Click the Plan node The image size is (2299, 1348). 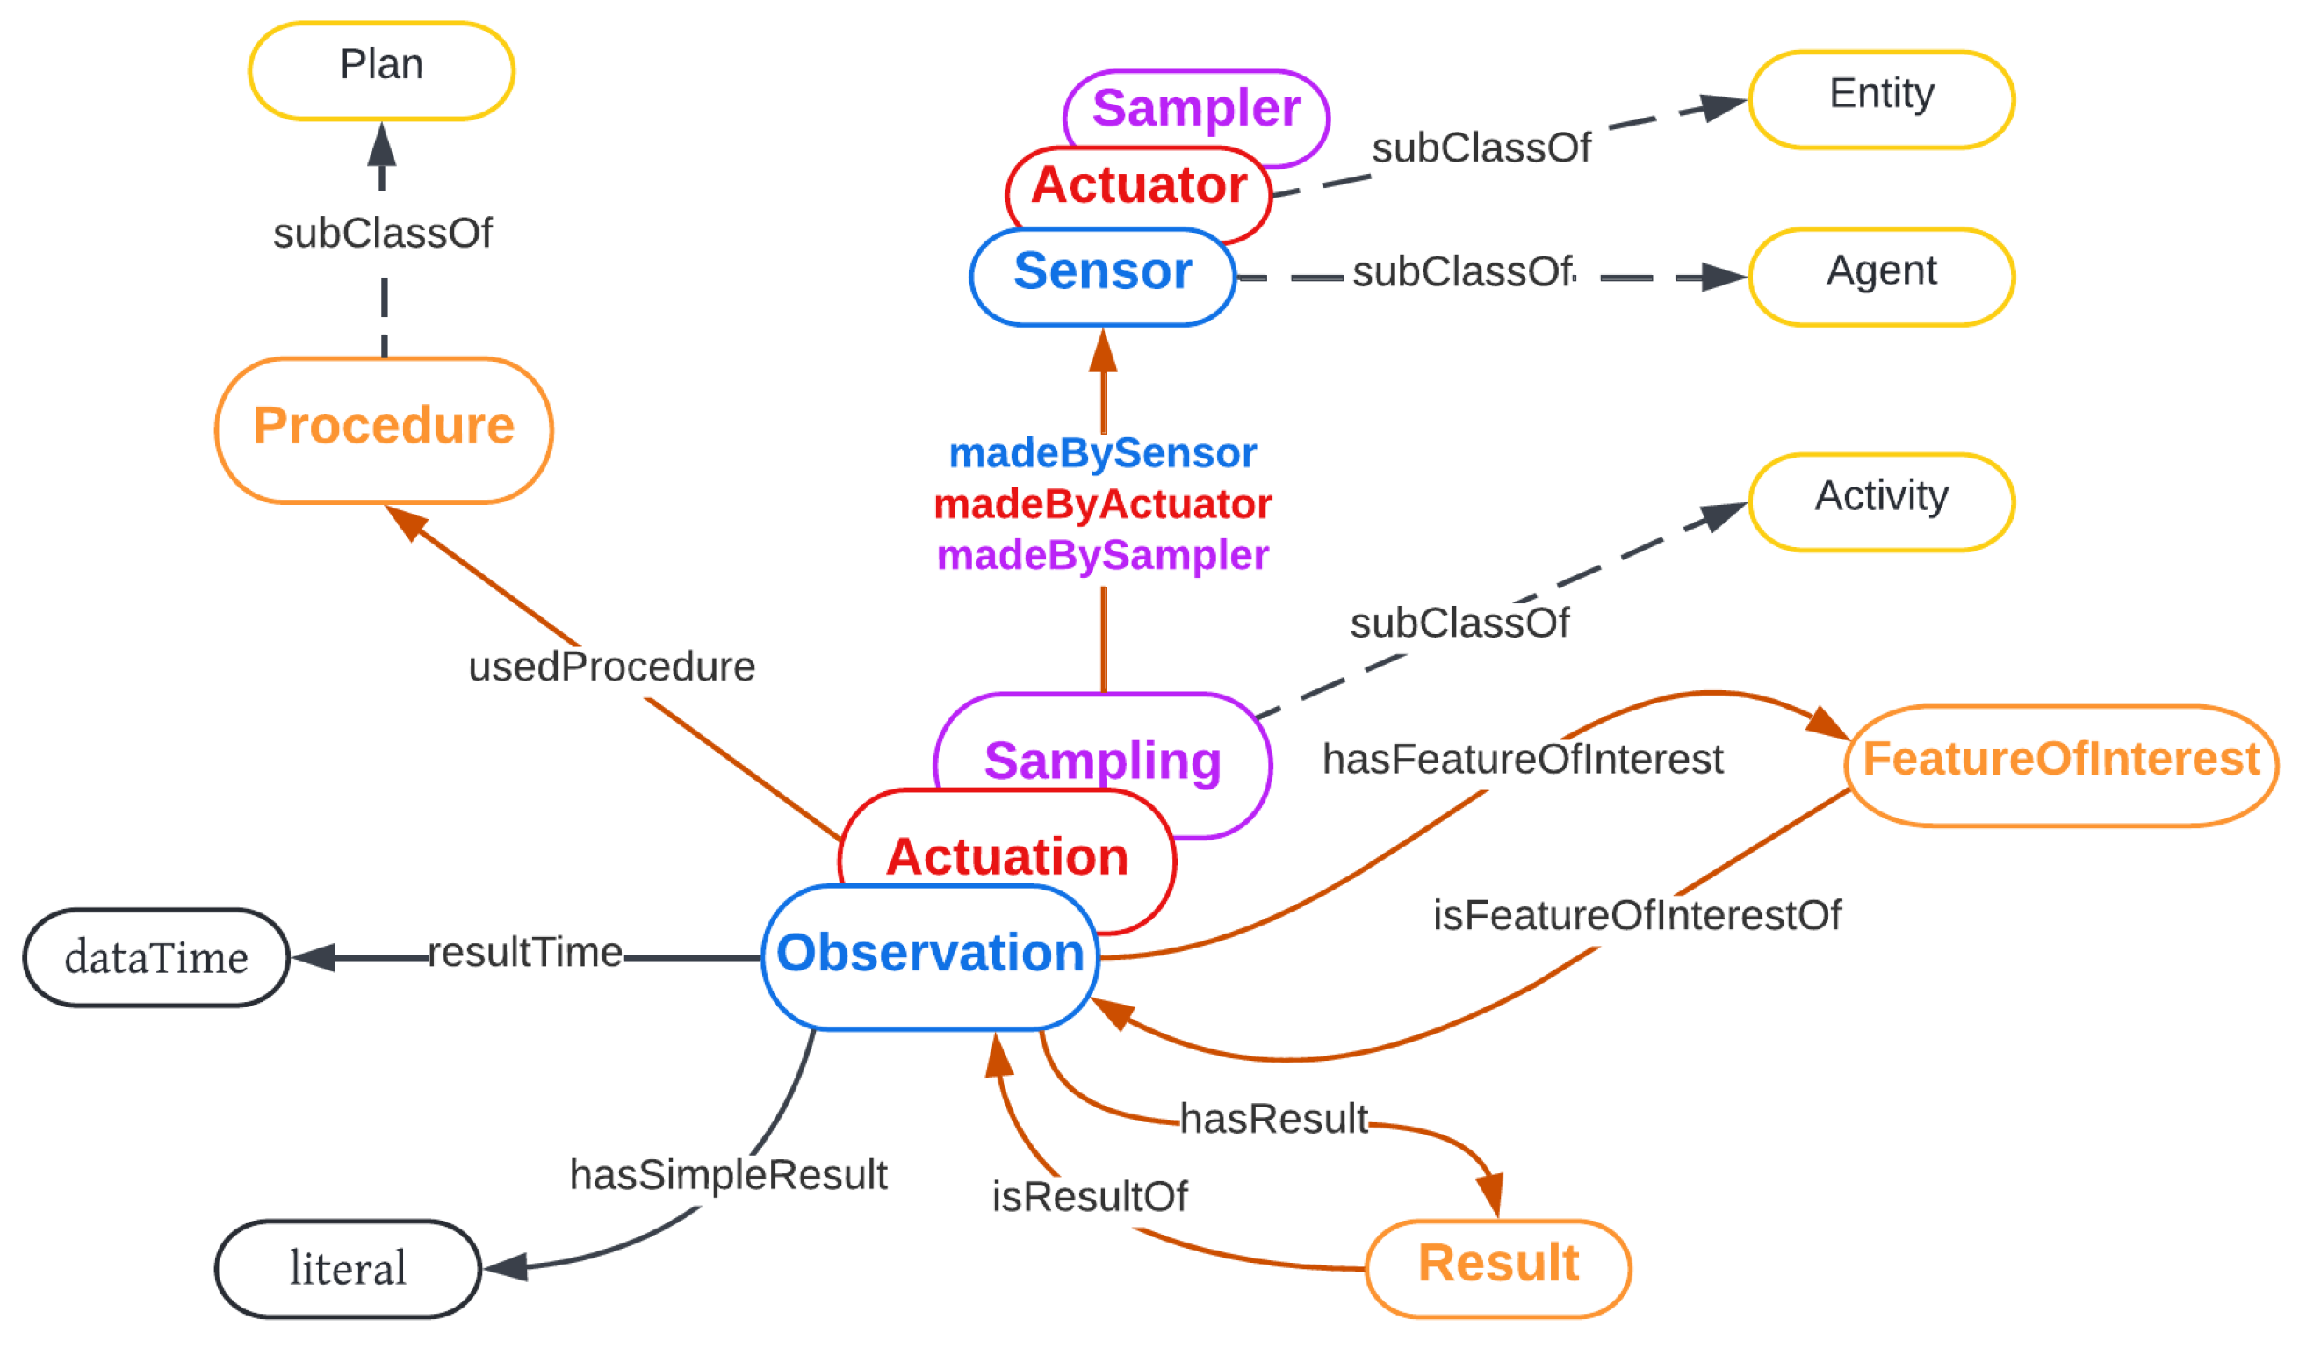[381, 69]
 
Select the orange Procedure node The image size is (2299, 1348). [384, 429]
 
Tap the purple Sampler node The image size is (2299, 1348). [1196, 108]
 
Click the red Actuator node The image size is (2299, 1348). [1139, 185]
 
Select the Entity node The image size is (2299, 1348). [1881, 97]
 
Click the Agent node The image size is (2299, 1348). [1881, 275]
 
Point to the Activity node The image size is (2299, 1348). [1881, 501]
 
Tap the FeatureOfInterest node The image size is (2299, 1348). [2061, 764]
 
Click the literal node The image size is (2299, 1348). [348, 1268]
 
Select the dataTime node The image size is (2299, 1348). [156, 956]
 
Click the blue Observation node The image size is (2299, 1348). [930, 957]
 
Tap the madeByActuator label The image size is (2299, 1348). [1102, 504]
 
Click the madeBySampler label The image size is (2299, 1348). [1102, 555]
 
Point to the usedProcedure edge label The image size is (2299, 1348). [611, 667]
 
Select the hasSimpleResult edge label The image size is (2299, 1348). [728, 1175]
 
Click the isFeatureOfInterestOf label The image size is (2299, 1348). [1637, 916]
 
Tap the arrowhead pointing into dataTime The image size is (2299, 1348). [313, 956]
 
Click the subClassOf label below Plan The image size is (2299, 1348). [382, 234]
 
